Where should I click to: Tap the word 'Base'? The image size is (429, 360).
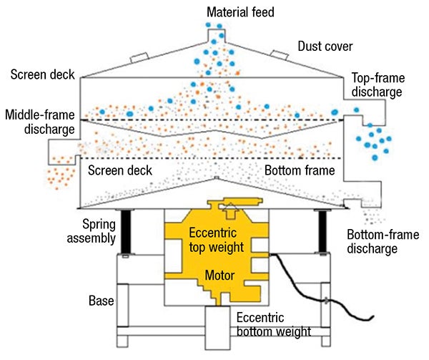[x=100, y=301]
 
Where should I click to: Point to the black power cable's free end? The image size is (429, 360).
[x=373, y=316]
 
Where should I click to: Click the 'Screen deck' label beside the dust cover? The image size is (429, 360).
[x=40, y=75]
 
